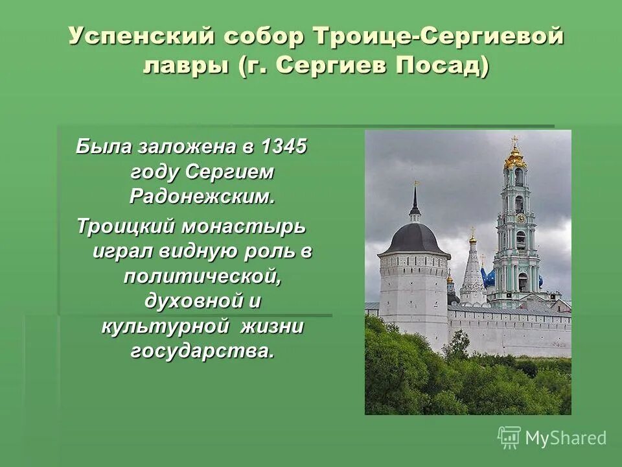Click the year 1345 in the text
pos(282,147)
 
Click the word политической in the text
pos(203,277)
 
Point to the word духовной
pos(192,302)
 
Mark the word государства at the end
pos(203,351)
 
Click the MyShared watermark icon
pos(509,437)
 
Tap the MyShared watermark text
pos(566,438)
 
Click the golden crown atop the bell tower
pos(515,156)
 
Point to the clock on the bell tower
pos(520,219)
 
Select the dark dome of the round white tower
pos(415,237)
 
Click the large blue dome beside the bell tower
pos(489,278)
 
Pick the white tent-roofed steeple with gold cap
pos(472,269)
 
